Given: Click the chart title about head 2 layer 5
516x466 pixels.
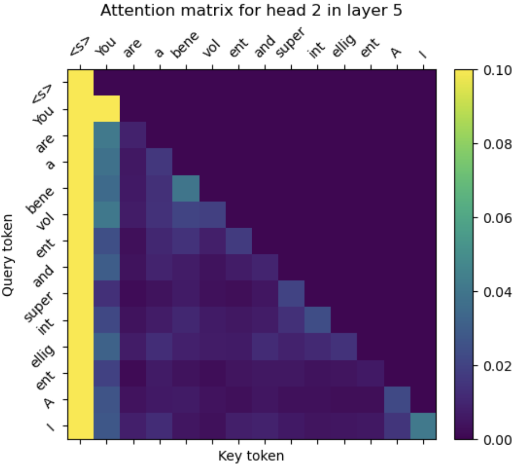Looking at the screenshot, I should [x=251, y=11].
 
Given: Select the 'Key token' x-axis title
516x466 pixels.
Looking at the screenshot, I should [x=251, y=455].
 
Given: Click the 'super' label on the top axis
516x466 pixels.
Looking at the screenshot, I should [x=290, y=47].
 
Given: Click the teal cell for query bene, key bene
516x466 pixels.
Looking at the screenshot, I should [x=186, y=188].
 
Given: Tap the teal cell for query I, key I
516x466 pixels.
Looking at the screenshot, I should [x=423, y=426].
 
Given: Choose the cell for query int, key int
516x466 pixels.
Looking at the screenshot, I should [x=317, y=320].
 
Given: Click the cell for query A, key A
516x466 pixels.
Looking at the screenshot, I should [x=396, y=399].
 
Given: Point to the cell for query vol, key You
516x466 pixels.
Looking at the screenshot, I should [x=106, y=214].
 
